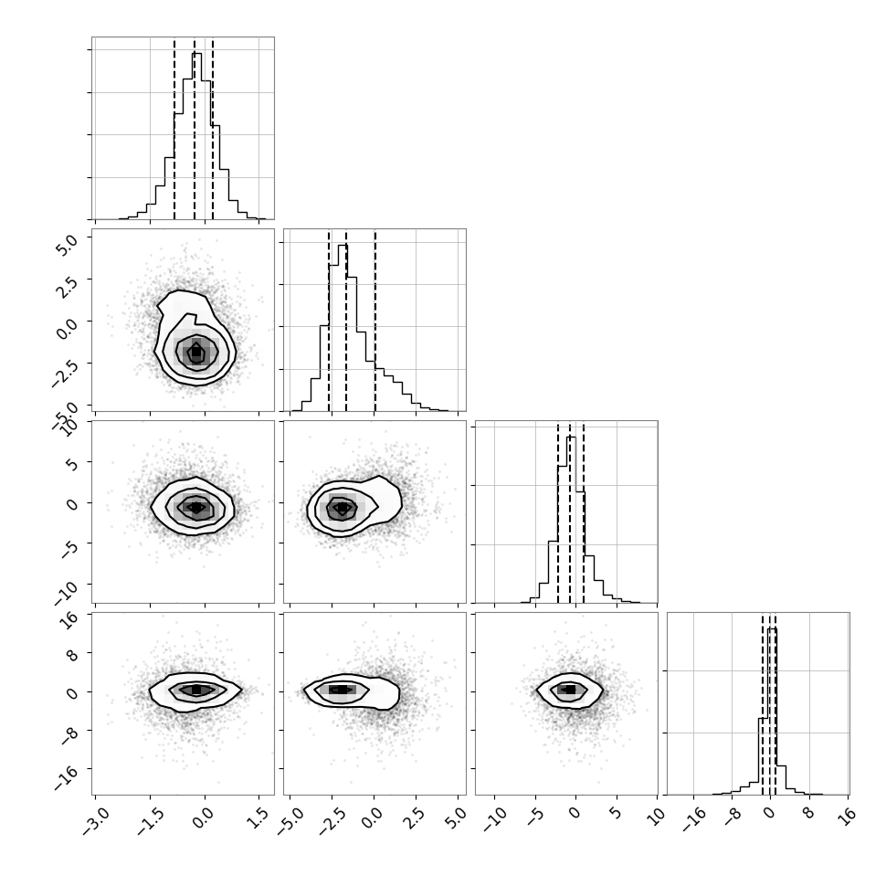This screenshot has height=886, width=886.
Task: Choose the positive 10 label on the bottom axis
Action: pos(657,816)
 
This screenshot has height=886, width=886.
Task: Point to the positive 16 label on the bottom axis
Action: pos(849,816)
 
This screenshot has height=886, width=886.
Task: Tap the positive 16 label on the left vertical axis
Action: pos(69,620)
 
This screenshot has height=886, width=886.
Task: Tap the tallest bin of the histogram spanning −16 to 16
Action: pos(772,712)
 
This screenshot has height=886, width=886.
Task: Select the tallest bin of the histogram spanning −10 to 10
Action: pos(571,520)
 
